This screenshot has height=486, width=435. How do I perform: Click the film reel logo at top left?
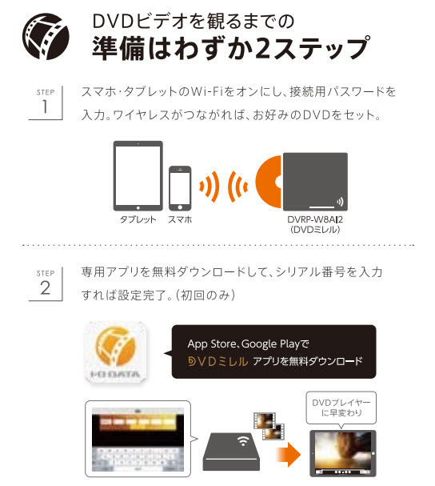[46, 36]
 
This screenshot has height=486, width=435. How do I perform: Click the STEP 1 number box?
[46, 102]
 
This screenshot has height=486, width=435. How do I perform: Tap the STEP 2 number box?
[46, 283]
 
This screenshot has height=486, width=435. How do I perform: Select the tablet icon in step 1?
[138, 175]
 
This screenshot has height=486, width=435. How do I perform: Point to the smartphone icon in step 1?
[180, 188]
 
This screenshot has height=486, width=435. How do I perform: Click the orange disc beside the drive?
[269, 182]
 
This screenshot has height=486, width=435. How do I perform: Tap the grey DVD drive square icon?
[315, 182]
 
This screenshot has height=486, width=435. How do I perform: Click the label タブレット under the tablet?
[138, 219]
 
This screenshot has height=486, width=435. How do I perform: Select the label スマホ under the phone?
[180, 219]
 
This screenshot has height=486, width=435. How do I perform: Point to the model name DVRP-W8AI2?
[315, 219]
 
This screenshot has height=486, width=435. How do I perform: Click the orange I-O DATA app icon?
[116, 351]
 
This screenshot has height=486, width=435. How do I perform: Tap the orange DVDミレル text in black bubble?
[218, 361]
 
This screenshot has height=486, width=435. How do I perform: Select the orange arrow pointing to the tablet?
[288, 455]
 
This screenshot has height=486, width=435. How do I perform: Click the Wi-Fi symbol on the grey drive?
[244, 440]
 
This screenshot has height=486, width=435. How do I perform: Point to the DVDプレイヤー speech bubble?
[341, 408]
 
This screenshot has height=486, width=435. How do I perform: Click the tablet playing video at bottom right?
[343, 453]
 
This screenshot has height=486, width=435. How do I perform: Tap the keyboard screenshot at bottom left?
[138, 440]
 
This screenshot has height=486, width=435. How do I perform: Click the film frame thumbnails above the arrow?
[269, 426]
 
